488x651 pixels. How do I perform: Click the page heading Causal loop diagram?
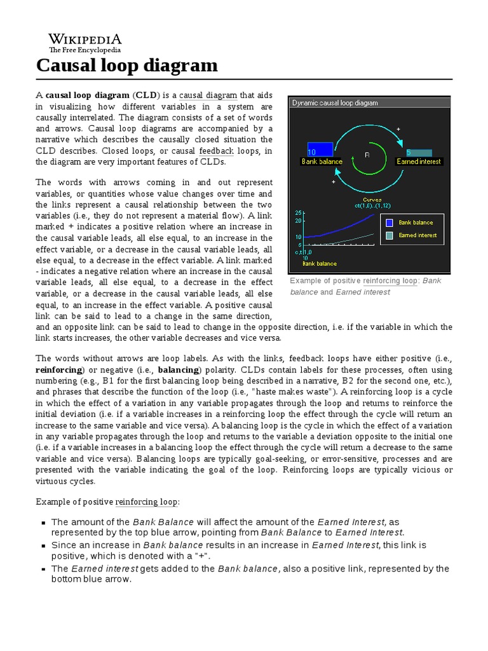coord(127,65)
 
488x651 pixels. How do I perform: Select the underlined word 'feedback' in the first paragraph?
coord(216,151)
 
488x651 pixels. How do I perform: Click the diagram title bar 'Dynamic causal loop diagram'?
coord(335,102)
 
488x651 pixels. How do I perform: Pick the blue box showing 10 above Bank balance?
coord(320,150)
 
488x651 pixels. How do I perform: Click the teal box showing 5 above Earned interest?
coord(419,153)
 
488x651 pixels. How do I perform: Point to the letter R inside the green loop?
coord(367,154)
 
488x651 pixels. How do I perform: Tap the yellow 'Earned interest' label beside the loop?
coord(419,161)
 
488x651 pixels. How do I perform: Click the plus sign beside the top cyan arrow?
coord(398,129)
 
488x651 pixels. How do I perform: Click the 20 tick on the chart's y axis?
coord(299,221)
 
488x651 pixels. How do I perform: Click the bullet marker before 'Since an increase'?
coord(43,545)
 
